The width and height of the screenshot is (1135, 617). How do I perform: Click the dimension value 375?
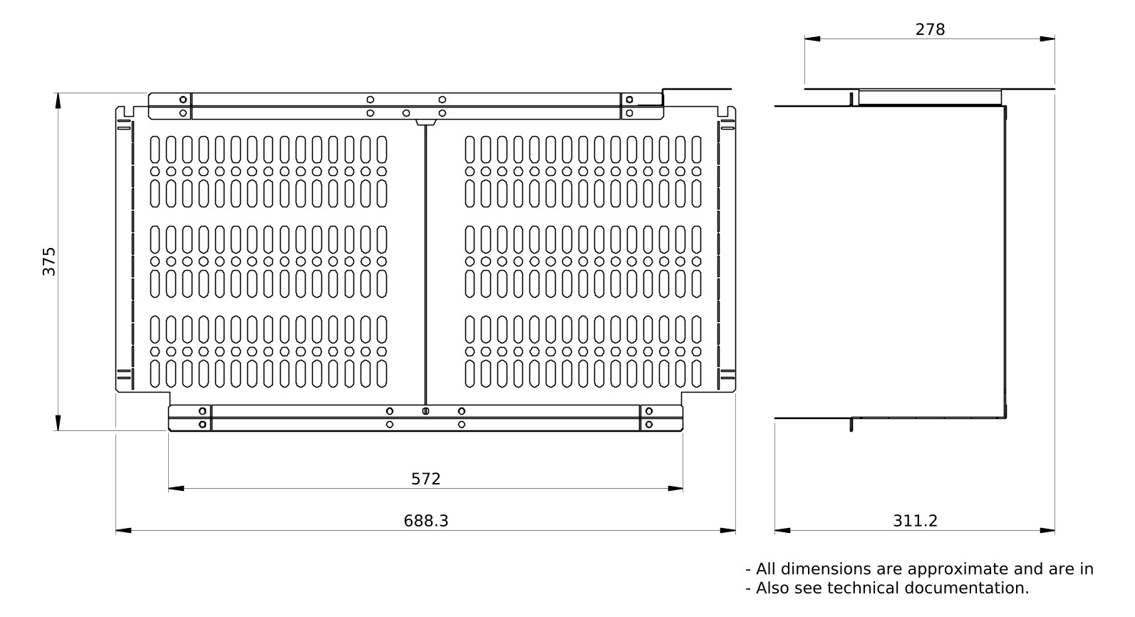48,261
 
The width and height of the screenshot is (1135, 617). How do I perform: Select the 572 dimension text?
426,479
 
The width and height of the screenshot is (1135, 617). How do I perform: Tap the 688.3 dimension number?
426,521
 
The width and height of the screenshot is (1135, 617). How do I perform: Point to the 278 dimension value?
930,29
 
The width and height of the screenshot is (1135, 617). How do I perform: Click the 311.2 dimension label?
915,521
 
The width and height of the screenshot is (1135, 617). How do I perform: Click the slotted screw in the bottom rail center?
425,411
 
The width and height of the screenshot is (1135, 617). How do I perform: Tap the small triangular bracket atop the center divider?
425,123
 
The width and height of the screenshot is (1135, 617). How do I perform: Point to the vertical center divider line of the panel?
425,264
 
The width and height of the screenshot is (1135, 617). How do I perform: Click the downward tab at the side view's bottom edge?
851,425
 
